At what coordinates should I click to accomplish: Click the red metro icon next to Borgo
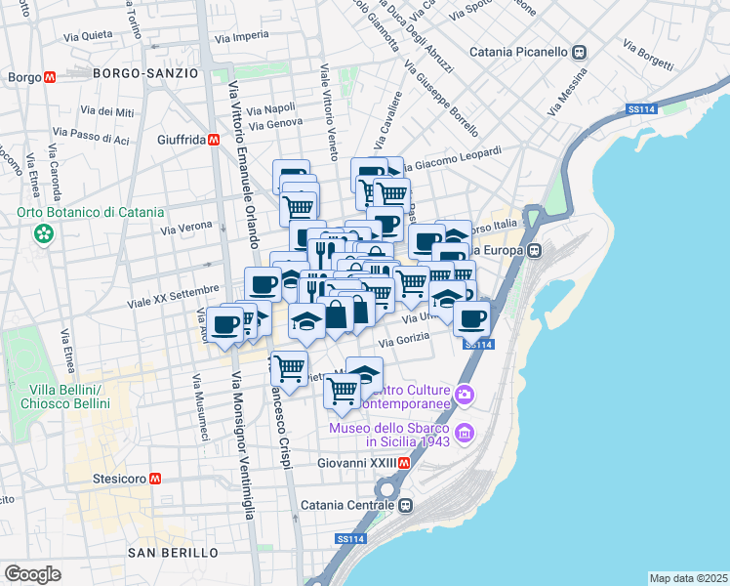click(49, 77)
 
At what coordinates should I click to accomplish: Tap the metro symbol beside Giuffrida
click(213, 140)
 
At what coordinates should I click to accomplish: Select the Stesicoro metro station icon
click(155, 479)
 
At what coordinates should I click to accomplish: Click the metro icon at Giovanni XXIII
click(405, 463)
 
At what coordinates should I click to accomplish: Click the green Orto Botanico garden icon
click(43, 232)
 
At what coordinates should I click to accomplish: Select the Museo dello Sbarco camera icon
click(465, 432)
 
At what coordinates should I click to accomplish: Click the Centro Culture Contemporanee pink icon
click(465, 394)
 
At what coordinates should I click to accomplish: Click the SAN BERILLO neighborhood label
click(174, 553)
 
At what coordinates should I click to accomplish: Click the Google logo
click(32, 574)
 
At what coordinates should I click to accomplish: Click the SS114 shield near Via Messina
click(640, 109)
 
